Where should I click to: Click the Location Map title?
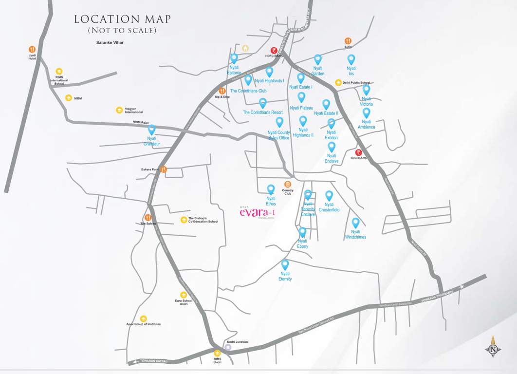(122, 19)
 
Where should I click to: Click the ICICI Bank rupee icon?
(358, 152)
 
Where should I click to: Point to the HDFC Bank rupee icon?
(274, 50)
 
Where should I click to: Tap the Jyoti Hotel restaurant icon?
(32, 49)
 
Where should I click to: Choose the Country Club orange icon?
(288, 185)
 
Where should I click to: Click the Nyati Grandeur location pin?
(151, 130)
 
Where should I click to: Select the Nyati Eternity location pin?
(285, 265)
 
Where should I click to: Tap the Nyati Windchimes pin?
(355, 223)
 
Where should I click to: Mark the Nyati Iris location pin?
(351, 59)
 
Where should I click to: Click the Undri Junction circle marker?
(228, 347)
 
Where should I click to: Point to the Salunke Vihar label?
(110, 43)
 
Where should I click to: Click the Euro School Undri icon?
(184, 295)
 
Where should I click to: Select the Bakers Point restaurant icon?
(164, 169)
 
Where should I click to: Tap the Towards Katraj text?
(153, 361)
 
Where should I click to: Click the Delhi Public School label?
(356, 83)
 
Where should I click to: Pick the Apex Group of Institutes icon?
(143, 318)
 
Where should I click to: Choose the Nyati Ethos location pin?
(271, 189)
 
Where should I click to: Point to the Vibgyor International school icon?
(119, 110)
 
